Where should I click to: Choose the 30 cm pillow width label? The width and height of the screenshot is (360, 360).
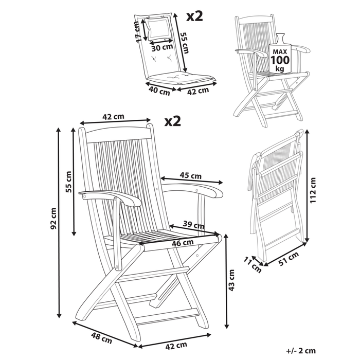pyautogui.click(x=162, y=47)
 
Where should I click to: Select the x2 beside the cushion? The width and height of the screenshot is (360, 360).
pyautogui.click(x=194, y=15)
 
